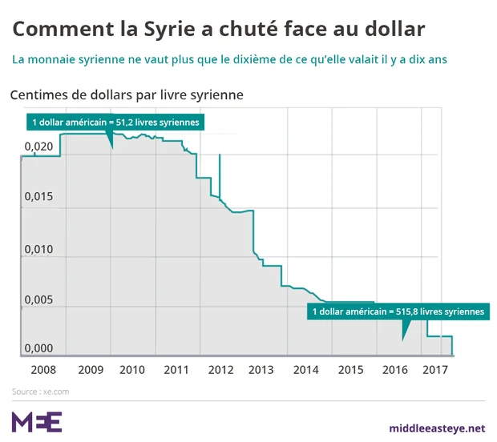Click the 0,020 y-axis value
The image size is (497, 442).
pyautogui.click(x=38, y=147)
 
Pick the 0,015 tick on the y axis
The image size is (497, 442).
pyautogui.click(x=38, y=197)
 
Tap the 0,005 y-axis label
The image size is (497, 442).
pyautogui.click(x=38, y=299)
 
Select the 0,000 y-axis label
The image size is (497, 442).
pyautogui.click(x=38, y=349)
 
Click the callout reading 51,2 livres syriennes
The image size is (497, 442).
pyautogui.click(x=112, y=122)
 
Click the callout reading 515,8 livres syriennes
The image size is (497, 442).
pyautogui.click(x=398, y=311)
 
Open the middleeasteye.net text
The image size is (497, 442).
pyautogui.click(x=437, y=428)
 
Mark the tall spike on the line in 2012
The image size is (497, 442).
pyautogui.click(x=219, y=172)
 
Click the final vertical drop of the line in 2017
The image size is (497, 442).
pyautogui.click(x=453, y=345)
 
